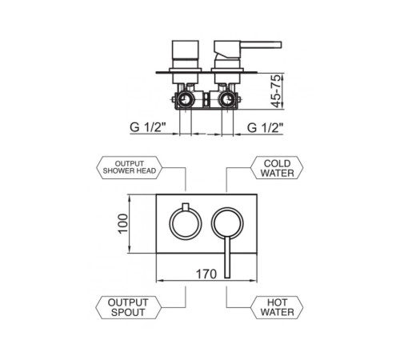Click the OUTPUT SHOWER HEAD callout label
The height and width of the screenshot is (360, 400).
pyautogui.click(x=130, y=167)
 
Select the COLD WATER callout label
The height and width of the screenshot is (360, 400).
pyautogui.click(x=277, y=168)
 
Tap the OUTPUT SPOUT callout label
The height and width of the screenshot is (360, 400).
pyautogui.click(x=128, y=307)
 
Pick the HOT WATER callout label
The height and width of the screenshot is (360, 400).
pyautogui.click(x=277, y=307)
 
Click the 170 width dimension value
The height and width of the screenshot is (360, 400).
pyautogui.click(x=206, y=274)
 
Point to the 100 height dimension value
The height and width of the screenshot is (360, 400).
pyautogui.click(x=123, y=223)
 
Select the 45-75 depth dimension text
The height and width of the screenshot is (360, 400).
pyautogui.click(x=277, y=90)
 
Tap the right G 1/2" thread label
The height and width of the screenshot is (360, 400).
pyautogui.click(x=265, y=128)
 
